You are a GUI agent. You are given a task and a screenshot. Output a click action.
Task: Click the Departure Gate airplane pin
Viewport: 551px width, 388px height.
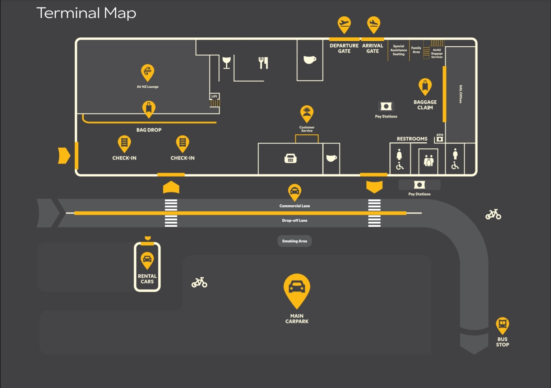[344, 24]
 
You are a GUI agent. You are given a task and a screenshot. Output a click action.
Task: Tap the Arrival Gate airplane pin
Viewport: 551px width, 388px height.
[374, 24]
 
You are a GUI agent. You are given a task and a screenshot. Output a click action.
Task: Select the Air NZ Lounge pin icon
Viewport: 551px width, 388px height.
[148, 73]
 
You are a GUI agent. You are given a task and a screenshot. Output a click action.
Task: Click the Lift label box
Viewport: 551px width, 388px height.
[214, 96]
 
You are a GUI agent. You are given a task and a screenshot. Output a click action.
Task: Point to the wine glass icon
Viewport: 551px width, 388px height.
[227, 63]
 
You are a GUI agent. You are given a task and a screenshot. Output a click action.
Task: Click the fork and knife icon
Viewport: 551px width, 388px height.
[263, 63]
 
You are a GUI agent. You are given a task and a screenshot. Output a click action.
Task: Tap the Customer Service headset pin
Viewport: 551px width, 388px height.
[307, 114]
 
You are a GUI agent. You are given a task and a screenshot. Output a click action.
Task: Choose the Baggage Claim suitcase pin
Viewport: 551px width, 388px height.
[425, 87]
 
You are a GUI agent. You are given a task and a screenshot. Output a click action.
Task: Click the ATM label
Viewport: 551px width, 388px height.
[440, 135]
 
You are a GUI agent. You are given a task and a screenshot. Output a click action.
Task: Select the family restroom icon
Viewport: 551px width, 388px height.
[429, 161]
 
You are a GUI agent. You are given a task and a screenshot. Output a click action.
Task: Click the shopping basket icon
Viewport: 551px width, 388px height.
[291, 158]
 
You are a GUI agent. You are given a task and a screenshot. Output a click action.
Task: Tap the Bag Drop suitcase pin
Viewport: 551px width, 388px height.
[149, 109]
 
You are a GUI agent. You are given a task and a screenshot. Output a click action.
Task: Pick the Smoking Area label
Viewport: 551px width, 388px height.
[295, 241]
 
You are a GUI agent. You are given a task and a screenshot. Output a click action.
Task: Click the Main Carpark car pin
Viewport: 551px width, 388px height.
[297, 290]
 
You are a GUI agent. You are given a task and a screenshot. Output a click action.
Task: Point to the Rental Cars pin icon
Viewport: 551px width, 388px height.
[147, 260]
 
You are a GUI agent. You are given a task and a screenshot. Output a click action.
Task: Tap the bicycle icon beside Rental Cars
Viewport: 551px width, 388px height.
[199, 282]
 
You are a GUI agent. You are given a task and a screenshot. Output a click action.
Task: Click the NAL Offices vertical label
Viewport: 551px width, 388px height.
[461, 94]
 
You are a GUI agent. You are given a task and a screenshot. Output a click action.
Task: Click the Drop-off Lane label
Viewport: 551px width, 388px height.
[295, 221]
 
